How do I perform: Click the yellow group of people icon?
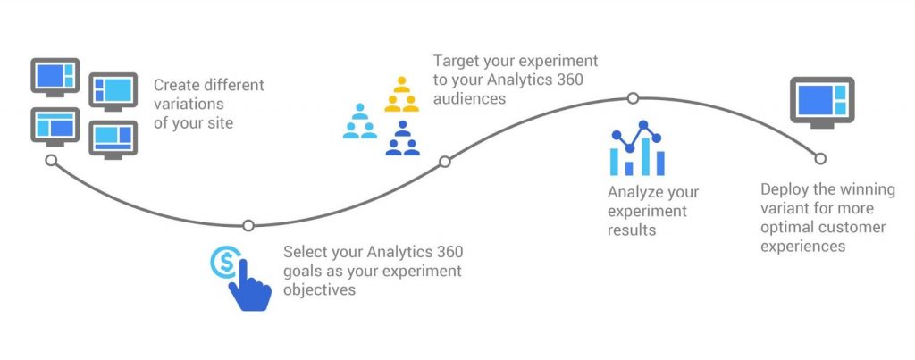[401, 94]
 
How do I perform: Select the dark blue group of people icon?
[403, 138]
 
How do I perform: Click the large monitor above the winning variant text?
[822, 103]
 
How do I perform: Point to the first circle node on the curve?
[51, 160]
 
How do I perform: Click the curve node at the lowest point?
[248, 225]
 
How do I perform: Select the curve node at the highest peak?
[634, 98]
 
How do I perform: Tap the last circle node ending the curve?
[820, 159]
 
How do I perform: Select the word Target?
[454, 61]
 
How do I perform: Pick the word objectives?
[319, 290]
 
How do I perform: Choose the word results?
[632, 230]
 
